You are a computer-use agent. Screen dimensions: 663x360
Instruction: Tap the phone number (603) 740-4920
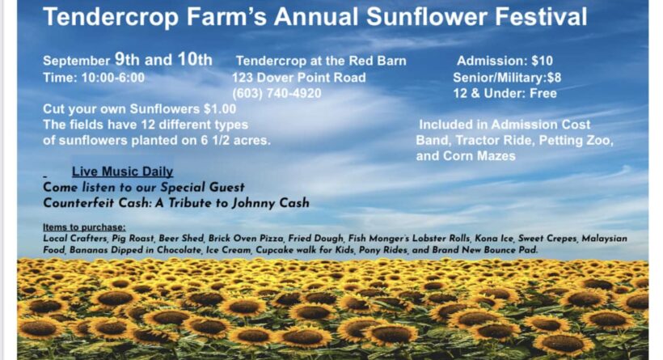pos(277,93)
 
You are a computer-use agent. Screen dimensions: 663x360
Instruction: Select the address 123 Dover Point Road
pos(298,78)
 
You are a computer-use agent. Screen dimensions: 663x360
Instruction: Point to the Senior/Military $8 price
pos(507,78)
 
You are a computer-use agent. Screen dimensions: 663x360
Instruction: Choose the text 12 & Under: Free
pos(505,93)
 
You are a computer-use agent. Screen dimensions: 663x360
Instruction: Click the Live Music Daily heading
pos(122,172)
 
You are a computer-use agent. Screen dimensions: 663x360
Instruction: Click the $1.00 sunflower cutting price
pos(220,108)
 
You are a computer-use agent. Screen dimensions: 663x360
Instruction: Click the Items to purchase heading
pos(84,227)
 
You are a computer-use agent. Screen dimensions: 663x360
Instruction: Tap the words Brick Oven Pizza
pos(246,239)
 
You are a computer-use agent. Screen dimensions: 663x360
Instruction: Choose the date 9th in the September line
pos(127,59)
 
